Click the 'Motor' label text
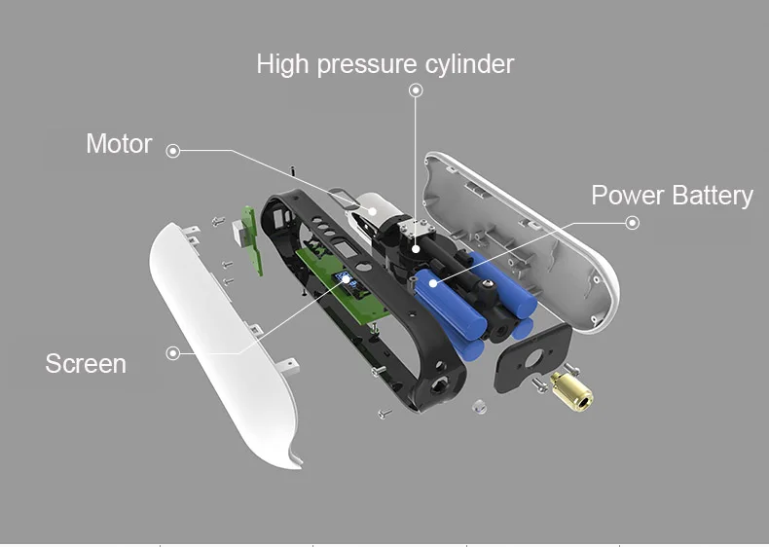[119, 144]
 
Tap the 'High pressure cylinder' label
[385, 64]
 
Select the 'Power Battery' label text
[672, 196]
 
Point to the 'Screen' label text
[86, 363]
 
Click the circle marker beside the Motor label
[172, 151]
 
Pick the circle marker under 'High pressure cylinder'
[416, 90]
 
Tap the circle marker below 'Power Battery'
[633, 223]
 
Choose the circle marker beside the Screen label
[172, 352]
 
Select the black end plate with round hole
[532, 358]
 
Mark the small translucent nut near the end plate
[479, 407]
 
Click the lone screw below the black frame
[385, 414]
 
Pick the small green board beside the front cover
[250, 239]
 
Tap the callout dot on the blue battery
[432, 283]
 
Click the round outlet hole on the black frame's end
[436, 386]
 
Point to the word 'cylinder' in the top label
[469, 64]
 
